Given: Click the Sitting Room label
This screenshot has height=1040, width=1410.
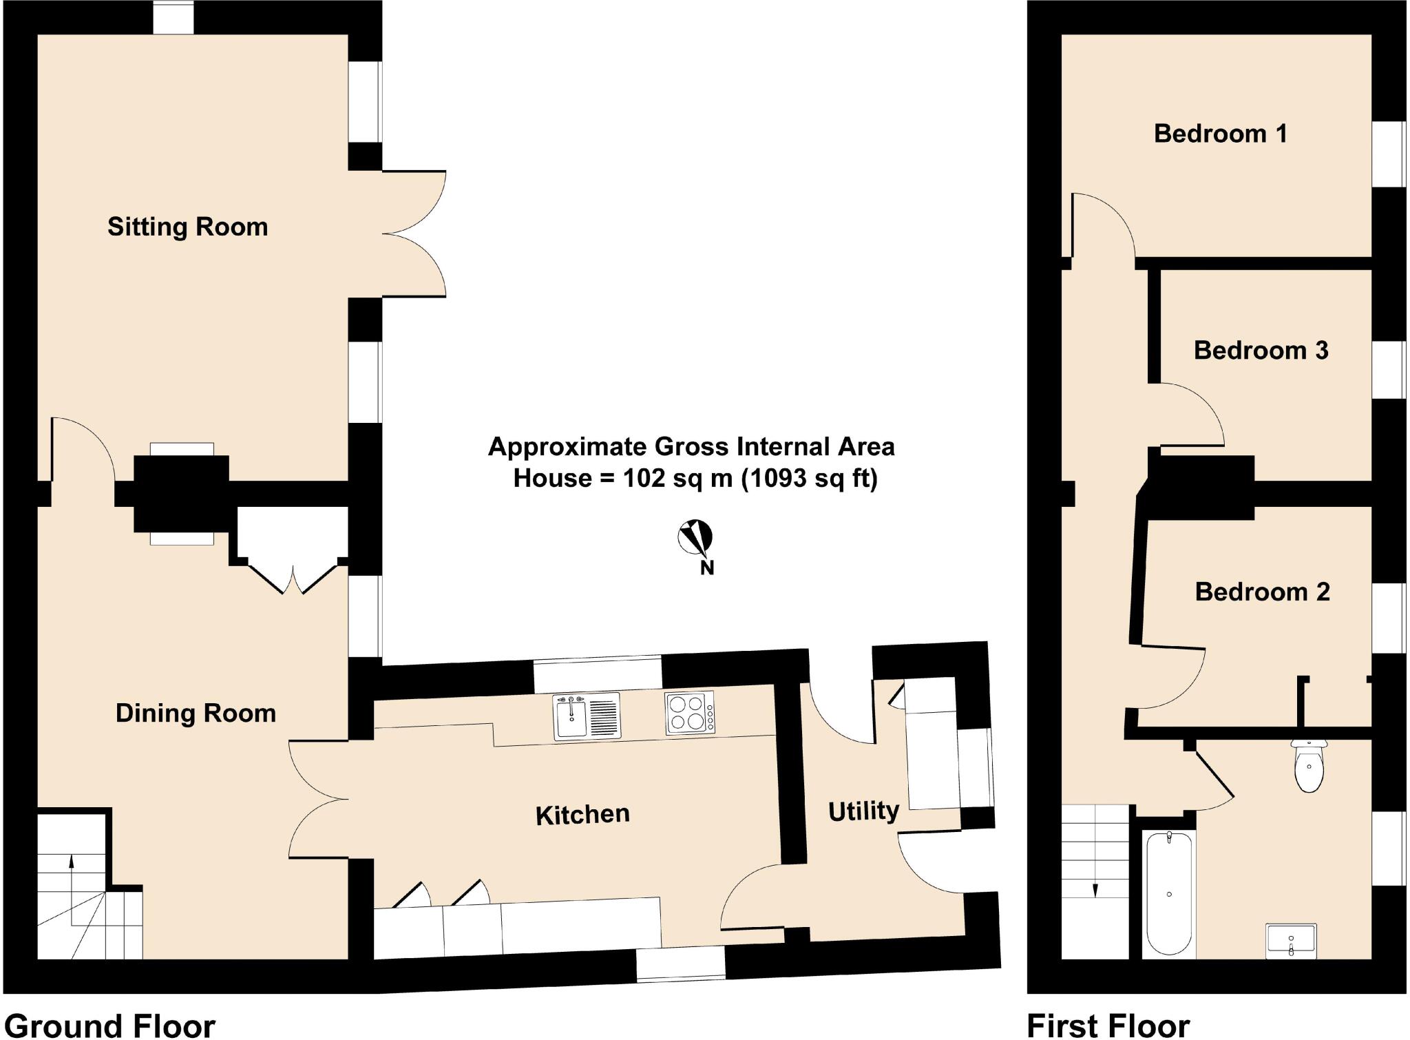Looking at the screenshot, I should (x=187, y=227).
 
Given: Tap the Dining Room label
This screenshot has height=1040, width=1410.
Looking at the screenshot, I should (x=196, y=713).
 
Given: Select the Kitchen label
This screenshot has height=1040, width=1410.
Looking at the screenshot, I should (x=582, y=815).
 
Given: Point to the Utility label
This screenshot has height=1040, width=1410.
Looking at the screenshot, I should (x=863, y=811).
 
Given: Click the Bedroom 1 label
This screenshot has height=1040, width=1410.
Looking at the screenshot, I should (x=1220, y=134).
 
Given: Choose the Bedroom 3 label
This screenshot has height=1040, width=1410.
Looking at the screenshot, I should (x=1261, y=350).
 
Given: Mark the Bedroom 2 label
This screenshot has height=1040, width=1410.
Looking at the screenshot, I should (x=1262, y=592).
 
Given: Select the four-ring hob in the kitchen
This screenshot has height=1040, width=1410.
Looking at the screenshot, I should (x=689, y=712).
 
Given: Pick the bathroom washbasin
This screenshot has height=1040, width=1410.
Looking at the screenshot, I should (x=1291, y=941).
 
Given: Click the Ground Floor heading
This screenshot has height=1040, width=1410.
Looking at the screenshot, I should (x=110, y=1025).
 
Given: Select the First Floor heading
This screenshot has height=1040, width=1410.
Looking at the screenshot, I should (x=1108, y=1025).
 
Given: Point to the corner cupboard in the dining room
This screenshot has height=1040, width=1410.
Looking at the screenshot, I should (x=293, y=548).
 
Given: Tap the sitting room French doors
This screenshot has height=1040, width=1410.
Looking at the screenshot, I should (x=413, y=234).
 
